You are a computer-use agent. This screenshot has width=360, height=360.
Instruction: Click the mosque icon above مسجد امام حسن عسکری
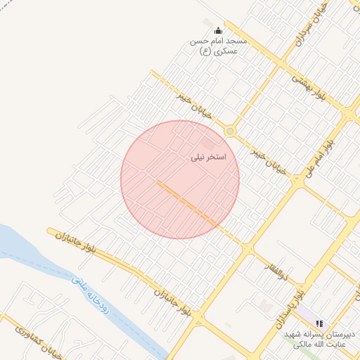click(x=218, y=30)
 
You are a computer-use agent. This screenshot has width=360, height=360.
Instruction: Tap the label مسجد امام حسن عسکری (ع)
click(x=214, y=46)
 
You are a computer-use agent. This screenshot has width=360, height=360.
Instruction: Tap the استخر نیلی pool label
click(x=209, y=157)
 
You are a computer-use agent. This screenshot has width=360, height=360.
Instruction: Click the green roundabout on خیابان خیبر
click(x=230, y=131)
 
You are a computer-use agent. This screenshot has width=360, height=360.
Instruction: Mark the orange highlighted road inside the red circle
click(x=186, y=203)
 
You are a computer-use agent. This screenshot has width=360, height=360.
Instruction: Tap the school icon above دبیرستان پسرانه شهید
click(x=320, y=323)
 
